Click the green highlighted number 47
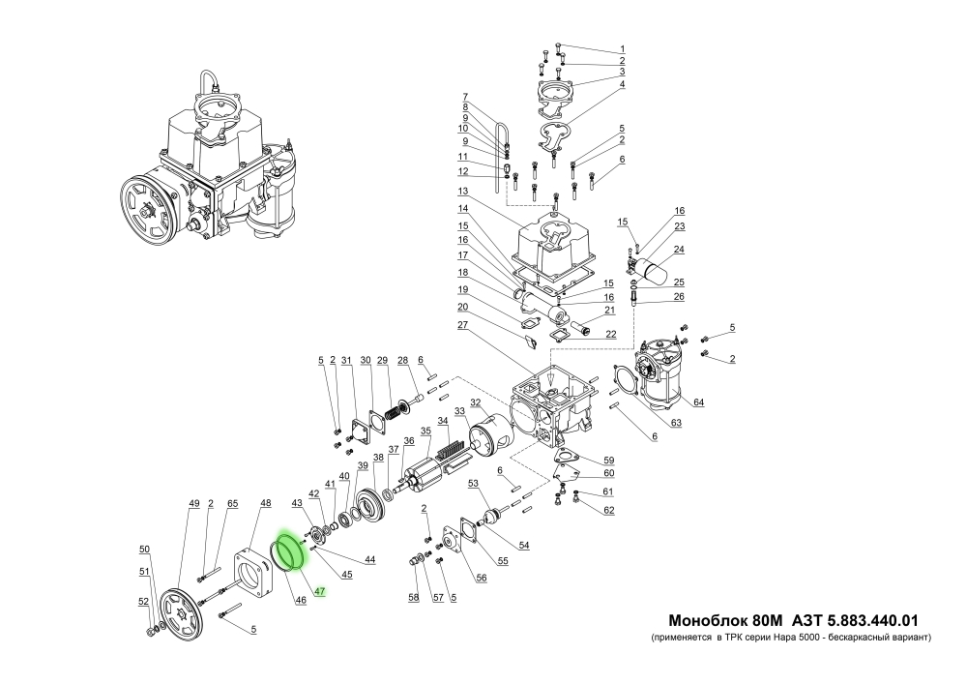[320, 590]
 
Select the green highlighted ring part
[289, 552]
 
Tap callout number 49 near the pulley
[193, 503]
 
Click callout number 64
[698, 402]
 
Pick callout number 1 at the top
[623, 49]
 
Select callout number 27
[463, 326]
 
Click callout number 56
[481, 579]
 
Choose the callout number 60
[608, 473]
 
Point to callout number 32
[476, 403]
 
